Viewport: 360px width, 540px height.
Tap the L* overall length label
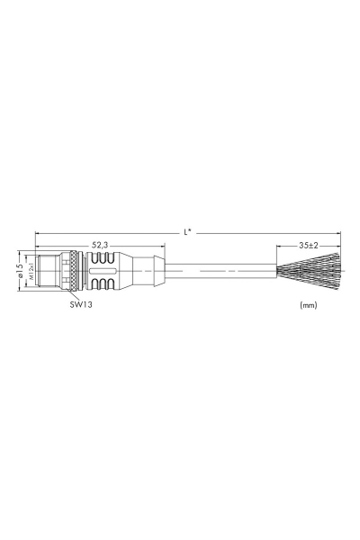tap(187, 232)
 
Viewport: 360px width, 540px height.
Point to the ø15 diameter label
tap(19, 269)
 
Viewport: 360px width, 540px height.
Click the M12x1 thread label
tap(30, 269)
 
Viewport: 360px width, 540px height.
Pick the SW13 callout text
tap(82, 305)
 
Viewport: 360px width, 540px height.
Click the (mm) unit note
tap(307, 305)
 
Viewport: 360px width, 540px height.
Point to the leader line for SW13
tap(74, 293)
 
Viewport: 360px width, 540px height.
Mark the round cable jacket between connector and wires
tap(225, 269)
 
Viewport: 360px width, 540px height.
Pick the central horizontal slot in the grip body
tap(105, 269)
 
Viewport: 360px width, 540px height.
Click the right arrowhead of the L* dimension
tap(338, 233)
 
